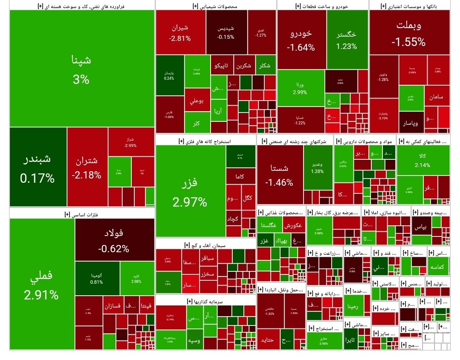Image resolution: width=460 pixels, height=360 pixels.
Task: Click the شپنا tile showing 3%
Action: point(81,68)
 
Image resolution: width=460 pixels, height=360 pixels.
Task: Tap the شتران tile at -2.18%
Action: point(87,167)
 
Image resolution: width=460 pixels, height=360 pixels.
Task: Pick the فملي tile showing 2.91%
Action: point(41,284)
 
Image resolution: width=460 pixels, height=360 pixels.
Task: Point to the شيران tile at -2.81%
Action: point(180,32)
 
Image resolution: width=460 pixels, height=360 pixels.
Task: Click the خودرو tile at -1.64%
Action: point(301,40)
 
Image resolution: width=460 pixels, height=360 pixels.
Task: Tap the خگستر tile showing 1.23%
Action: point(347,40)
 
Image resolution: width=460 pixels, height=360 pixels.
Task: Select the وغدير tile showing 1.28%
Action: point(318,167)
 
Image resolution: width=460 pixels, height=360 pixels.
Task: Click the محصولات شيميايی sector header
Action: point(215,6)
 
